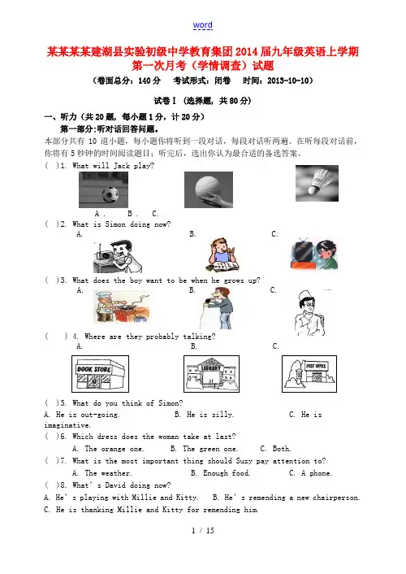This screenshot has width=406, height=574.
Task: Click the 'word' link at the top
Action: (x=203, y=25)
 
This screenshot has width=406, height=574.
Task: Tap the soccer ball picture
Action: (x=103, y=189)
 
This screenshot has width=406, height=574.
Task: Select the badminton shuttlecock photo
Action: (x=317, y=183)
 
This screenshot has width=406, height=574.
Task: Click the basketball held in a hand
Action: (x=209, y=189)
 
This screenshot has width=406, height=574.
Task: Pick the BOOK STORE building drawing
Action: (x=100, y=374)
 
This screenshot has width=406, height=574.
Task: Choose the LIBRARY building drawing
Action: (x=211, y=374)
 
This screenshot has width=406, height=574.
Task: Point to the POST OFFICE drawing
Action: (x=309, y=374)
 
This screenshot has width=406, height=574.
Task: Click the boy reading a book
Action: (x=222, y=254)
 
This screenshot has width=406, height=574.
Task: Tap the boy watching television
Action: (x=314, y=254)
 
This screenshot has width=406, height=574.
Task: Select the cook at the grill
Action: (x=122, y=307)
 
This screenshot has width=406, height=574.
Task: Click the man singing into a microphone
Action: (x=218, y=308)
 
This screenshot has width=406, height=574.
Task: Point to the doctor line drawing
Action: (x=309, y=313)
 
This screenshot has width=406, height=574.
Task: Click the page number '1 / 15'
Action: (x=203, y=530)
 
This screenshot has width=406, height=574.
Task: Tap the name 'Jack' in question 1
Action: (x=122, y=166)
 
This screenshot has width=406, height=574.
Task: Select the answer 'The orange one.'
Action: (x=114, y=449)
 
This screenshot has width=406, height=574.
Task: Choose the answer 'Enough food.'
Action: (x=227, y=473)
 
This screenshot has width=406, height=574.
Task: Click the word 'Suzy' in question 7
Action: (x=244, y=461)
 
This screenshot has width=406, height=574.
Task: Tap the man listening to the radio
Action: (x=118, y=256)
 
